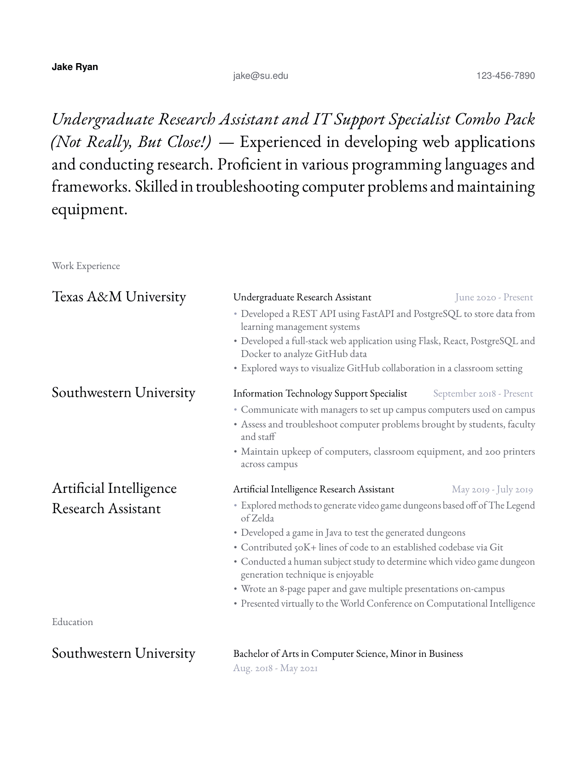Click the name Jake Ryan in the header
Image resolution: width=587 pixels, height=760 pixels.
(75, 67)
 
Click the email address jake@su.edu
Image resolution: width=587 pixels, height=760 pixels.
(261, 76)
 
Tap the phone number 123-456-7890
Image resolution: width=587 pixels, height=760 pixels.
(506, 76)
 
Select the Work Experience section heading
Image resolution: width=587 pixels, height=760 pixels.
(86, 266)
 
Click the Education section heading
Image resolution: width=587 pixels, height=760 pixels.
(72, 622)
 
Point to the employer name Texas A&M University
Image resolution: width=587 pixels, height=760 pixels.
(119, 297)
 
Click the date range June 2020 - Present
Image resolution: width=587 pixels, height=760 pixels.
(494, 297)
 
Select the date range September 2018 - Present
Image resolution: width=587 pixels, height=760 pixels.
(482, 393)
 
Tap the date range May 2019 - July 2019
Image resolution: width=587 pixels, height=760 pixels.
(492, 489)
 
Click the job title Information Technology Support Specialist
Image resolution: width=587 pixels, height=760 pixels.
(320, 393)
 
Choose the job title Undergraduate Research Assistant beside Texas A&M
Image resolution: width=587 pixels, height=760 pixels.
(302, 297)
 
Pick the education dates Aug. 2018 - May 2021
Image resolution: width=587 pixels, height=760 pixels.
(275, 668)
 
